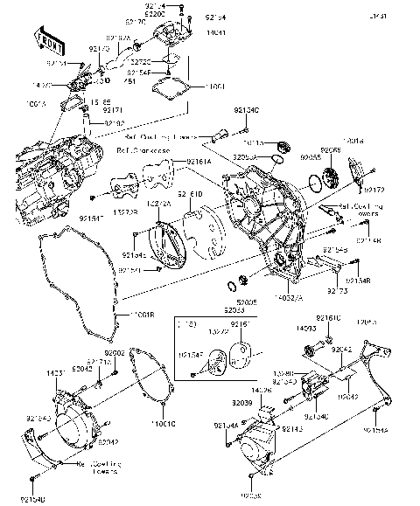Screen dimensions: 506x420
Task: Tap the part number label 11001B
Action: click(x=143, y=313)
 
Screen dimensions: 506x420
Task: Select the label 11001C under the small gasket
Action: click(x=163, y=424)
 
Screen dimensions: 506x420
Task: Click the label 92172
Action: click(x=374, y=190)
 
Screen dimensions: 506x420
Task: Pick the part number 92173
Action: click(x=339, y=288)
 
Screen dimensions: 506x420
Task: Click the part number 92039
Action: click(x=244, y=404)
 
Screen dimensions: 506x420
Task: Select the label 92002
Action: click(x=140, y=351)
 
